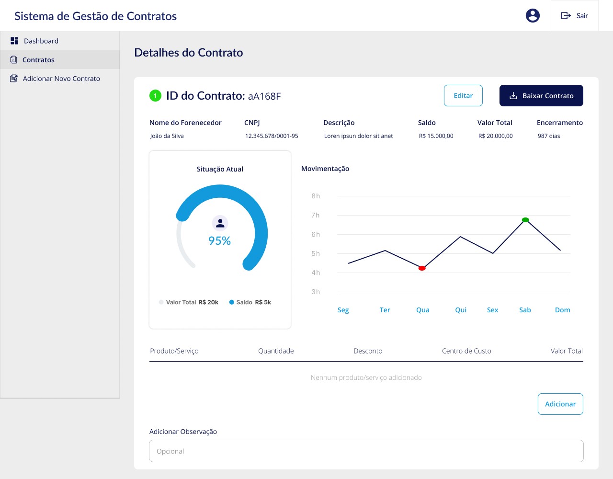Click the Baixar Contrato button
541,96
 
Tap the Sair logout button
574,15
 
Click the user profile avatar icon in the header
533,15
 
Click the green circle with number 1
155,96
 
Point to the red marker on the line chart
422,268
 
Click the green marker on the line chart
525,220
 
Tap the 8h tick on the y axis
316,196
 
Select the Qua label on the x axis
422,310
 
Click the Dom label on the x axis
563,310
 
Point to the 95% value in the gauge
219,240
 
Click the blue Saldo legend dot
232,302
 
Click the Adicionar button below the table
560,404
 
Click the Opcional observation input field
366,451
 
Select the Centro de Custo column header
466,351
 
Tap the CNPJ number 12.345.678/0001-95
272,136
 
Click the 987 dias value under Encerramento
549,136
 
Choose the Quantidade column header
276,351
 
